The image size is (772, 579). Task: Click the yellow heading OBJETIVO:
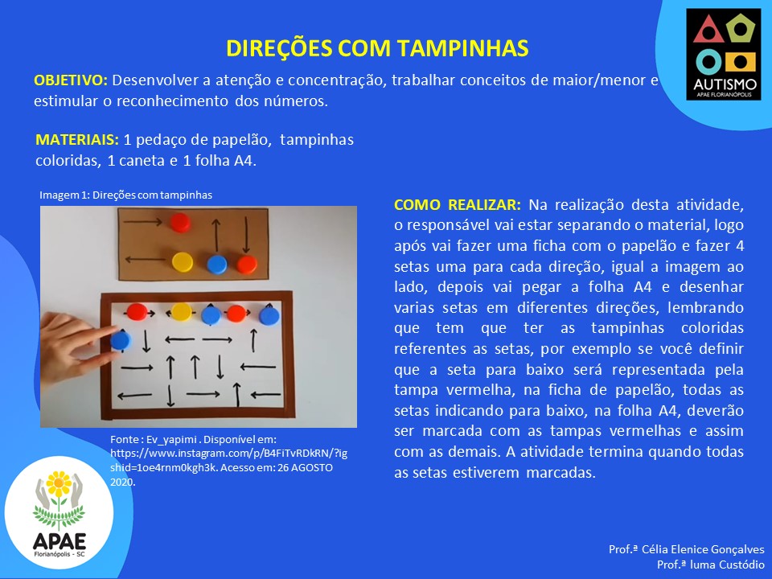(71, 80)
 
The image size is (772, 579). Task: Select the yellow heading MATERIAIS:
(77, 140)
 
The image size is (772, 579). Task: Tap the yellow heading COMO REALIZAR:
(458, 204)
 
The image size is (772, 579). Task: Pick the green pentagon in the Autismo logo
(740, 29)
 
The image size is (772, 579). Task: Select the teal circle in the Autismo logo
(708, 62)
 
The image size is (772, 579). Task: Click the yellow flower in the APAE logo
(59, 484)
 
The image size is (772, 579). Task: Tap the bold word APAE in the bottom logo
(59, 541)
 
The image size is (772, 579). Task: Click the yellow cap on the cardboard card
(183, 262)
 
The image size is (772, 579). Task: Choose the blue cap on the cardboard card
(216, 265)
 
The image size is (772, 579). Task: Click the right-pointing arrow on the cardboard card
(142, 222)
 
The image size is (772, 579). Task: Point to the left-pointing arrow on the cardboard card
(146, 259)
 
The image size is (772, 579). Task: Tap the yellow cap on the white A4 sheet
(181, 312)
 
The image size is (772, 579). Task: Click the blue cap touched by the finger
(121, 340)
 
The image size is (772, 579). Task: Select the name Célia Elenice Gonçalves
(703, 549)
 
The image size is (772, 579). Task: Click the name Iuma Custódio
(727, 565)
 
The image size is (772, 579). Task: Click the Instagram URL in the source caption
(228, 460)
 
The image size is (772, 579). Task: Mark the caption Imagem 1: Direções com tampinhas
(125, 195)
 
